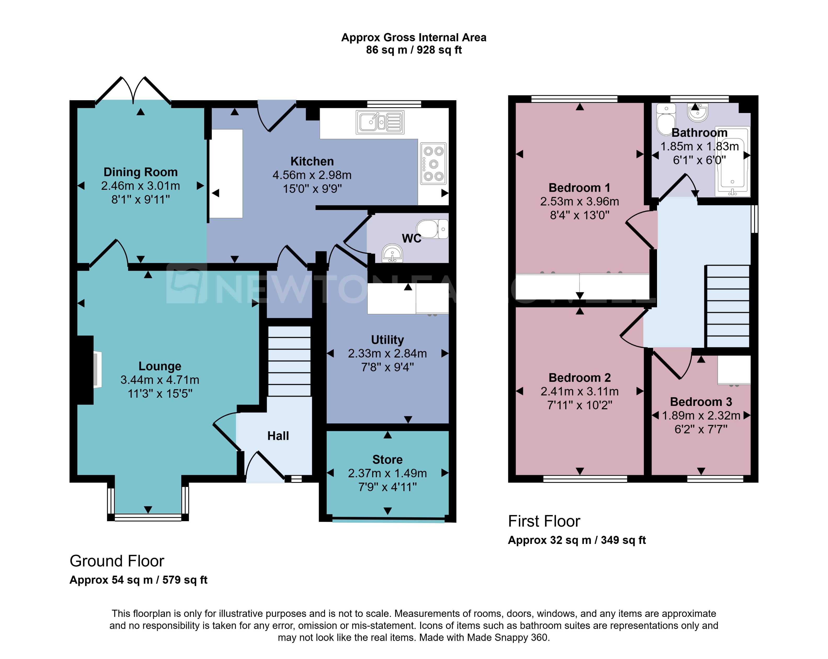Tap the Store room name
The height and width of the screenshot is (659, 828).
(387, 459)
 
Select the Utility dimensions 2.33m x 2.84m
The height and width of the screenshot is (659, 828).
(387, 353)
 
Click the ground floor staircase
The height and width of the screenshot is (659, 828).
(289, 361)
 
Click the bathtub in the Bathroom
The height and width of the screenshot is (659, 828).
(732, 161)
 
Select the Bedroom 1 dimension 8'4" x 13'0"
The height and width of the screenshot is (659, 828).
(580, 215)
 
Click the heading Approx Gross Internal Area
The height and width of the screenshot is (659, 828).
(414, 37)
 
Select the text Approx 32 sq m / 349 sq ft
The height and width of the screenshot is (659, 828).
(576, 540)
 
